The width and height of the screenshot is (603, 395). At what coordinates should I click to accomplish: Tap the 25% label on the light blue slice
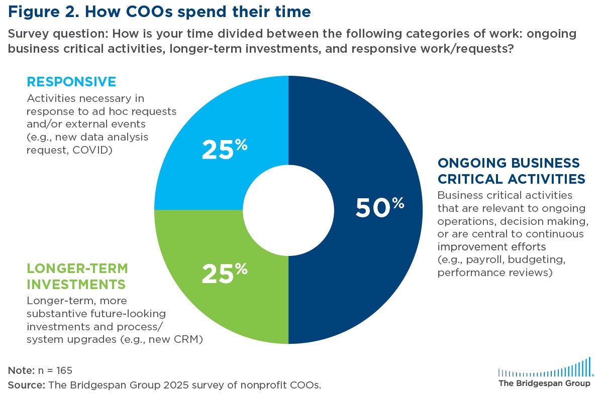click(224, 149)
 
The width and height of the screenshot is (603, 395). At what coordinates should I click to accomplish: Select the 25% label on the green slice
click(224, 273)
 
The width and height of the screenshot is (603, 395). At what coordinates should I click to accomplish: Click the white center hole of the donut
click(288, 209)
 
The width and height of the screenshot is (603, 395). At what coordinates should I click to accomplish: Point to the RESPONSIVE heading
click(71, 81)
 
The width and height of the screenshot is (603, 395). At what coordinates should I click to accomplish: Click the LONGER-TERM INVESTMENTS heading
click(75, 277)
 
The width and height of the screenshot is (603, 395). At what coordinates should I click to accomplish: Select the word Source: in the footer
click(26, 385)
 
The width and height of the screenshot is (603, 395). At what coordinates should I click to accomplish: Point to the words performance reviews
click(495, 273)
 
